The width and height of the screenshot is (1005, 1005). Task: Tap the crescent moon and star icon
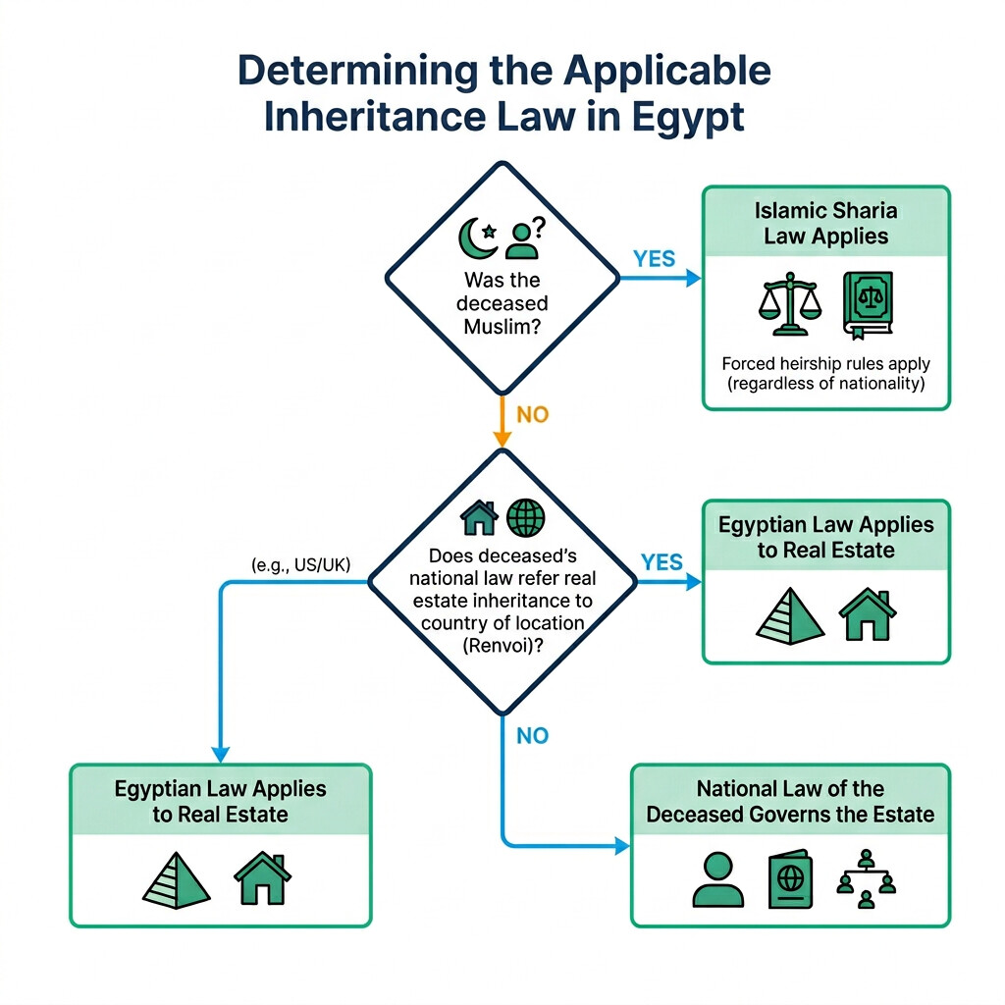point(481,237)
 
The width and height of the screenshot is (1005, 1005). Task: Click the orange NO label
point(532,414)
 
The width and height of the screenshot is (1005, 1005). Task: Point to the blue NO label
point(532,736)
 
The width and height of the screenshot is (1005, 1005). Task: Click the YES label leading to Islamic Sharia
point(655,258)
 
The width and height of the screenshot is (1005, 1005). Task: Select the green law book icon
point(867,304)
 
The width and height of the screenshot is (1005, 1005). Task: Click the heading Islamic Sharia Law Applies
point(825,223)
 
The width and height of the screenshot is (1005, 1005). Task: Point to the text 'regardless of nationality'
point(826,384)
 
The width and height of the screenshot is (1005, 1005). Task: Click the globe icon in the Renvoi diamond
point(525,516)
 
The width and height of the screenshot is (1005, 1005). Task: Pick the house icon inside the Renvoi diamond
point(480,516)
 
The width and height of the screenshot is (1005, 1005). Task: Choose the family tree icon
point(866,878)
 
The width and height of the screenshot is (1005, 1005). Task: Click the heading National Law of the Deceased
point(790,801)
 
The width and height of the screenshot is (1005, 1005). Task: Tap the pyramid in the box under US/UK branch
point(177,878)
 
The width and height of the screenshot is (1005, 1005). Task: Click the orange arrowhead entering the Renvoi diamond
point(502,442)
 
